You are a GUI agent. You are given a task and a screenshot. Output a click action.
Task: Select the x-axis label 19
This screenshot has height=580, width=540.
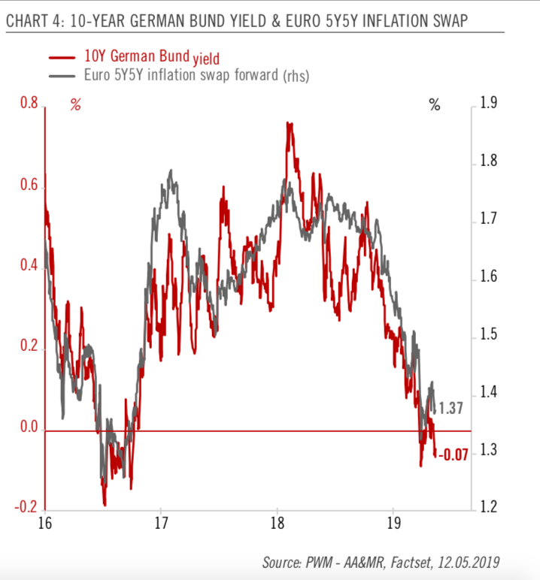pyautogui.click(x=393, y=523)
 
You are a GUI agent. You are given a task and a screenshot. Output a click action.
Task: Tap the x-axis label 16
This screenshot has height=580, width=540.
pyautogui.click(x=44, y=523)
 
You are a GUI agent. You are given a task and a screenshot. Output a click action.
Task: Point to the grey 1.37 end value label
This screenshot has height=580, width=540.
pyautogui.click(x=451, y=409)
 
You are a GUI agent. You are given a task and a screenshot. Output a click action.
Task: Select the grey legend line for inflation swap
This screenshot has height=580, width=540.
pyautogui.click(x=62, y=76)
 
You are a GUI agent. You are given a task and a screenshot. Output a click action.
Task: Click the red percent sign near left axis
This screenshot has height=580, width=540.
pyautogui.click(x=75, y=105)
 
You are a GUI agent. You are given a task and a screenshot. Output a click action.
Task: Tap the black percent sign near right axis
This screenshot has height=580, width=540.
pyautogui.click(x=435, y=105)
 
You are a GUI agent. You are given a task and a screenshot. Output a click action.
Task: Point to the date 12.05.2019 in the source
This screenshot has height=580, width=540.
pyautogui.click(x=470, y=562)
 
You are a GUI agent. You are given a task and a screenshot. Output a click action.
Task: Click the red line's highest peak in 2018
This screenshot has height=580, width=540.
pyautogui.click(x=289, y=122)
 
